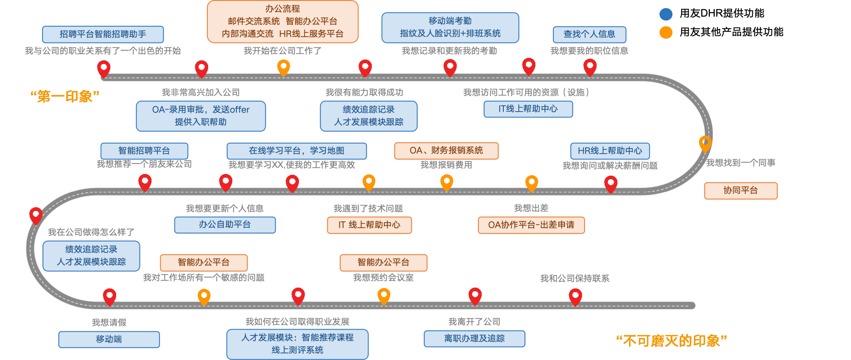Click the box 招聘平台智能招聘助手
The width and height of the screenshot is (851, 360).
103,34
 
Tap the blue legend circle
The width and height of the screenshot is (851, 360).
666,14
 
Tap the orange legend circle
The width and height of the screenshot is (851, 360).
666,32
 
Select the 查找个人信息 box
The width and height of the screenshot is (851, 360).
589,34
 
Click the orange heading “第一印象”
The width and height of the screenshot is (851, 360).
65,96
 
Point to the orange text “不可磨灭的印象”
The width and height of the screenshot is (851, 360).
671,341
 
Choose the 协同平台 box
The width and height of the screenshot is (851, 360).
740,191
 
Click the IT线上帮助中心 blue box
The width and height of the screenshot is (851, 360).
528,109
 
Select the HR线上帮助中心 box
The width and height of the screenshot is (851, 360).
610,151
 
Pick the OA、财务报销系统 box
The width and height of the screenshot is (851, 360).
446,151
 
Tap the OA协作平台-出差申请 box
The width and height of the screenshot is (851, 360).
531,225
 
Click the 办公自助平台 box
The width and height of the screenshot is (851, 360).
225,225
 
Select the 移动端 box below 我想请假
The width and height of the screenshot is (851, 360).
109,339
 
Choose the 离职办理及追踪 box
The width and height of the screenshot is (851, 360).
474,338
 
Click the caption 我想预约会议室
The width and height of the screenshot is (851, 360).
383,278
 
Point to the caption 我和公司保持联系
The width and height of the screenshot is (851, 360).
575,278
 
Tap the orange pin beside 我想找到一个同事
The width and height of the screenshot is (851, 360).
705,143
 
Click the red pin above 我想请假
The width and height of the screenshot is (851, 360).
109,296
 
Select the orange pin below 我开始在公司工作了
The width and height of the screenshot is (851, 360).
284,67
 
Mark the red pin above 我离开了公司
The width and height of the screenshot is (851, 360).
475,295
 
